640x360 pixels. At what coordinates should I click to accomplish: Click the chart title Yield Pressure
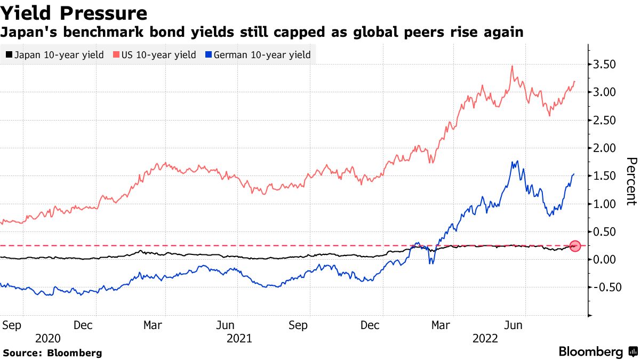[74, 13]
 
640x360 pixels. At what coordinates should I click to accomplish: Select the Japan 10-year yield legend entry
[54, 55]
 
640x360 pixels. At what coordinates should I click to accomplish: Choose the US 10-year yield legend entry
[155, 55]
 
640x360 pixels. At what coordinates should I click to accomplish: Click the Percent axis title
[631, 181]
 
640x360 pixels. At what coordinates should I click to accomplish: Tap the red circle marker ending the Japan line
[575, 246]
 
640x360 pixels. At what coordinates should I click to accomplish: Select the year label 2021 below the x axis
[239, 338]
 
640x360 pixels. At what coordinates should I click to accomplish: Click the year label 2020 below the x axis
[48, 338]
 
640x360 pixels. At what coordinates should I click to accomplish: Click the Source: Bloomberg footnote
[52, 353]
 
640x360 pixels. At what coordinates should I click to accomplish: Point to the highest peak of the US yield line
[512, 66]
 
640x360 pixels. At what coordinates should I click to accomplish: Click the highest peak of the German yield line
[514, 161]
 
